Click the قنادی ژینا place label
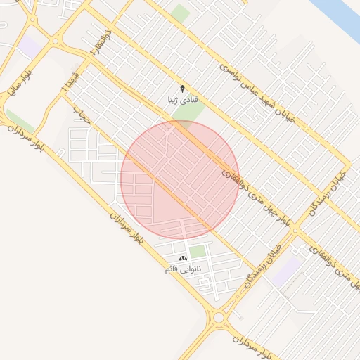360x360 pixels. tap(181, 100)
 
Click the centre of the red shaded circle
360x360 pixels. tap(180, 180)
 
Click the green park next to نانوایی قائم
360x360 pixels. tap(198, 251)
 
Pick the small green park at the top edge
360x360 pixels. tap(181, 13)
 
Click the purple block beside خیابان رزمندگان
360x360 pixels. tap(286, 271)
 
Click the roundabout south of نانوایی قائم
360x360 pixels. tap(218, 318)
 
